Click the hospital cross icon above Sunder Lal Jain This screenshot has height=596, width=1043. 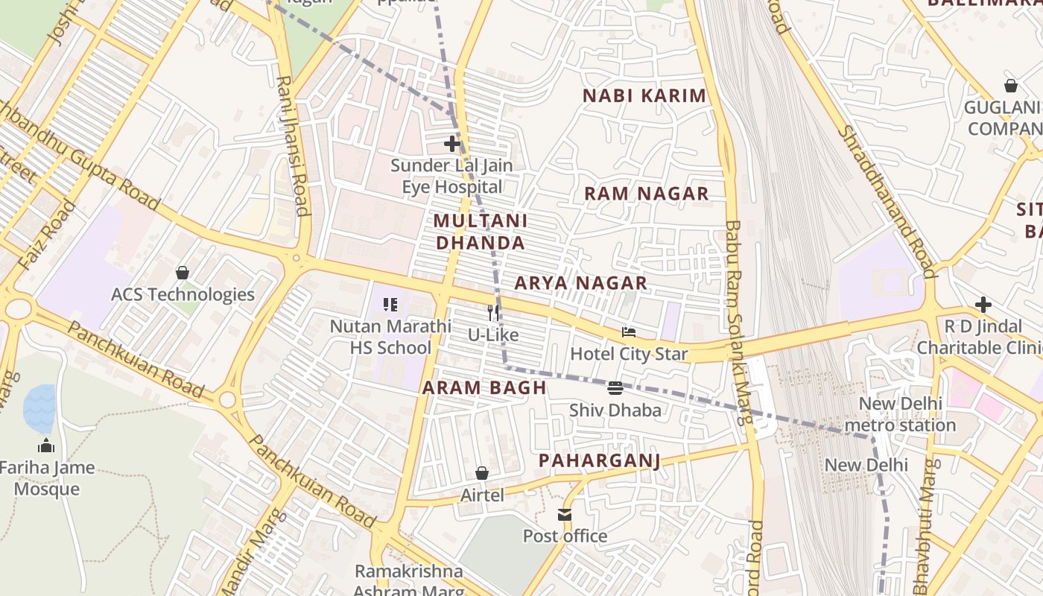tap(451, 144)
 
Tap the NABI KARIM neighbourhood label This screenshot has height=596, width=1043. tap(644, 96)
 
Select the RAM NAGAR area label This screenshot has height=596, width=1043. tap(646, 194)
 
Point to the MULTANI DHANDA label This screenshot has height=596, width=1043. tap(481, 232)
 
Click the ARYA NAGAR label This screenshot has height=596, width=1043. tap(580, 283)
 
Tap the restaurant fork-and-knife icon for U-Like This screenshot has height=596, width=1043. tap(492, 313)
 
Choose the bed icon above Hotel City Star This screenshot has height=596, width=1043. tap(629, 332)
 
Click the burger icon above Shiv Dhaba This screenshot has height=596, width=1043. tap(615, 387)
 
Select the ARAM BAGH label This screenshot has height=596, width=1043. tap(484, 387)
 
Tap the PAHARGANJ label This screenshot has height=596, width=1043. tap(599, 460)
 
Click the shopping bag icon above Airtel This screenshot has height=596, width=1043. tap(482, 473)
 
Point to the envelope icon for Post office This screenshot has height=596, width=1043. tap(565, 514)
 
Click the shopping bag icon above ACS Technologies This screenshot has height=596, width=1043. tap(183, 273)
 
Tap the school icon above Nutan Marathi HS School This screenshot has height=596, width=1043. tap(390, 305)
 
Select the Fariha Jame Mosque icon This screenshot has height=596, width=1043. tap(46, 446)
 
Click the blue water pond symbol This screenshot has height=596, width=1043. tap(39, 408)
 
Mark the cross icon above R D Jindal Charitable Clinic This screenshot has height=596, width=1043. tap(983, 305)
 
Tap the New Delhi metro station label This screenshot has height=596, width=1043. tap(907, 414)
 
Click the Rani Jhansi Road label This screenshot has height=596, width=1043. tap(293, 145)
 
